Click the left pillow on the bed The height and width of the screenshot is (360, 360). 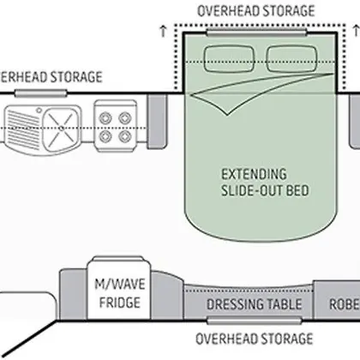229,58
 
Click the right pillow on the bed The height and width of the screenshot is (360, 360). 291,58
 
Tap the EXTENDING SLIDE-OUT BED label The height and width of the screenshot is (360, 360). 265,183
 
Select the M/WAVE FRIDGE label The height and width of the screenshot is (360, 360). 119,293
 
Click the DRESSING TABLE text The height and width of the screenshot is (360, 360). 254,304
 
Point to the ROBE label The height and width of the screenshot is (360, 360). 345,304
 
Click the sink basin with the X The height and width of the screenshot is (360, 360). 61,129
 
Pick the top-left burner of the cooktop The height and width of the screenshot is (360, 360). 105,117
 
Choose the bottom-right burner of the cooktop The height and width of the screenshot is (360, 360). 125,136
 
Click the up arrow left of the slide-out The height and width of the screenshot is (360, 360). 163,31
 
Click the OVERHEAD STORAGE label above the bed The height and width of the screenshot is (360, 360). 256,11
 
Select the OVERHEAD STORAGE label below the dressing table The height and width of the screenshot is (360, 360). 255,339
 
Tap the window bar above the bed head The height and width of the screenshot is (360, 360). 256,33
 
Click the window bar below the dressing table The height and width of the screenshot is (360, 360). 254,321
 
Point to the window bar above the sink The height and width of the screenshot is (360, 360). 41,93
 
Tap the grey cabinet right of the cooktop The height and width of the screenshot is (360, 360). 157,121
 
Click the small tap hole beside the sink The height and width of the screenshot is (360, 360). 39,110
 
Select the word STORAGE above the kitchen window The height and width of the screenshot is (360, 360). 76,77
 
